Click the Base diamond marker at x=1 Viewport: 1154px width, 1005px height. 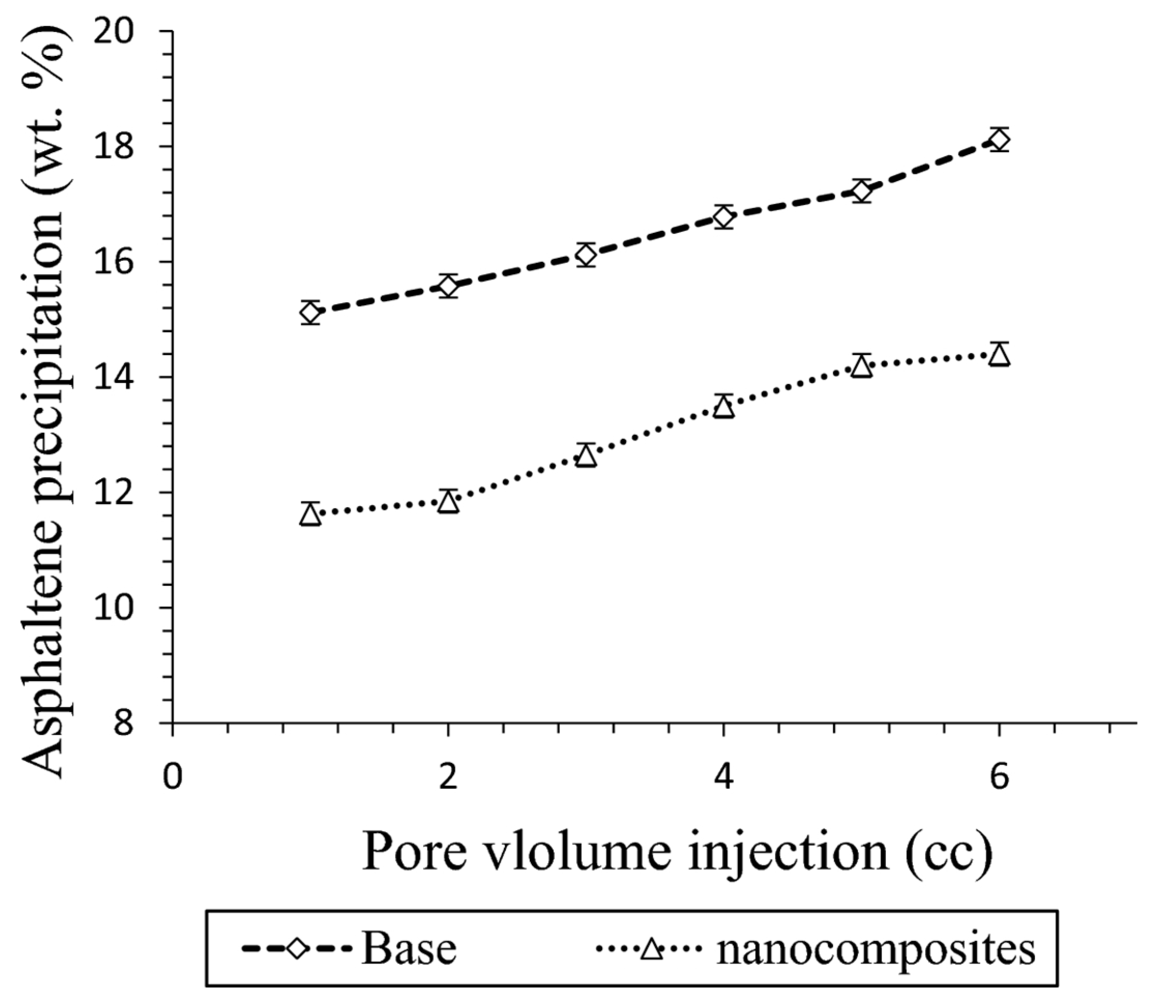click(310, 313)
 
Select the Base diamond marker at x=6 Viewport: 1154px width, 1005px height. click(999, 140)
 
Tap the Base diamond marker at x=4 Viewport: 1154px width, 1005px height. click(723, 217)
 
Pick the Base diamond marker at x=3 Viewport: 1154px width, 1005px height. click(586, 255)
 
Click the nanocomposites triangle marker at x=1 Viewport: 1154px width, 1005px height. click(310, 514)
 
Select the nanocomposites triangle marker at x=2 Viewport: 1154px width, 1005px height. click(448, 501)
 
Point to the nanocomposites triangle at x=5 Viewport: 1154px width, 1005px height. click(861, 366)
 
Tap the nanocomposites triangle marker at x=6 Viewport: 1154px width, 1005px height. click(999, 355)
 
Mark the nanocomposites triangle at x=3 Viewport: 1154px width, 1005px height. click(586, 455)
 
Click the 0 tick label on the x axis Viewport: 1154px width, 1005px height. click(173, 778)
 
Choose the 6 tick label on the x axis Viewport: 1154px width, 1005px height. click(999, 778)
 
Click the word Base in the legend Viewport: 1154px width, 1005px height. click(409, 949)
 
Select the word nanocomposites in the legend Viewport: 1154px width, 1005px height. click(875, 950)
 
